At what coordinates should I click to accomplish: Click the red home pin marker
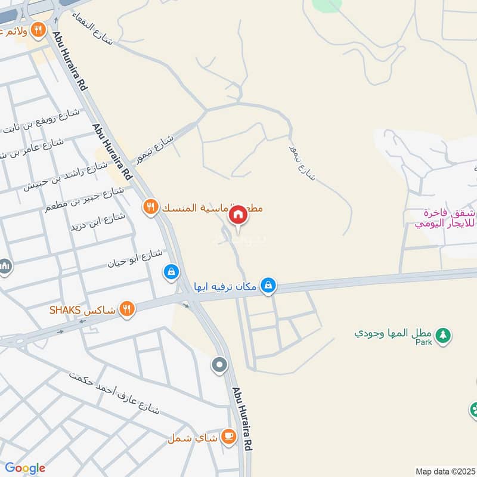(237, 215)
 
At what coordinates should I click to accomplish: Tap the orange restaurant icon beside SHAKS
(126, 309)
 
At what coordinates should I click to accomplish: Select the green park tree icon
(442, 335)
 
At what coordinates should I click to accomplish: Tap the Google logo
(25, 468)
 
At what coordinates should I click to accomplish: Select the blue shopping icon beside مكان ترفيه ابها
(269, 286)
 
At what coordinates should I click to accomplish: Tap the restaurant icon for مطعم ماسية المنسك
(150, 207)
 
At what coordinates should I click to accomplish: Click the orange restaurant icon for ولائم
(39, 29)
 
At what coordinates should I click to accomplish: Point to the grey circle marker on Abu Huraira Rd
(220, 364)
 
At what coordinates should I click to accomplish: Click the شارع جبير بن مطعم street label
(84, 200)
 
